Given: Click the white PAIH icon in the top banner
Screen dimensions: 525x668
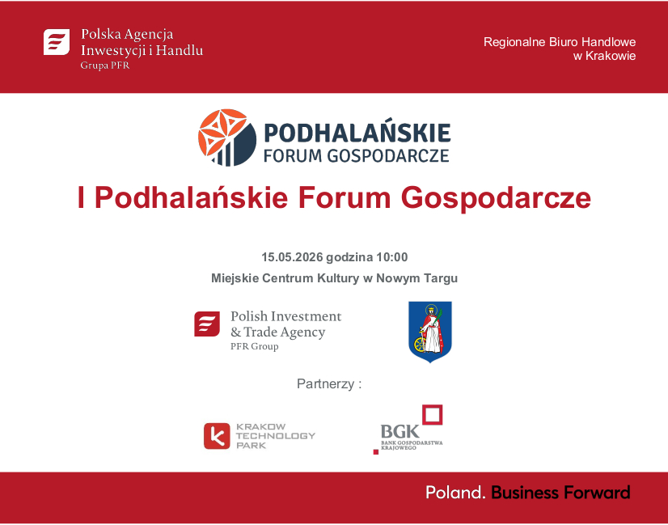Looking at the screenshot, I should [57, 41].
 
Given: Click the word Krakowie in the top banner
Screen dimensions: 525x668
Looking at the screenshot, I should [612, 56].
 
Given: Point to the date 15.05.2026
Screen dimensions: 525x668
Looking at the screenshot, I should [292, 257].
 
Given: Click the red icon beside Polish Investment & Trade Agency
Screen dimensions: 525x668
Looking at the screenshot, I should [207, 324].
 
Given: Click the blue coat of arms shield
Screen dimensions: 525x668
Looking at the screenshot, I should [430, 332].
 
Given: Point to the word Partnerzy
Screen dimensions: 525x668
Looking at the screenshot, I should [325, 383].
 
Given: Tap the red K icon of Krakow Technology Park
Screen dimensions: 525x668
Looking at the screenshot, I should [217, 436].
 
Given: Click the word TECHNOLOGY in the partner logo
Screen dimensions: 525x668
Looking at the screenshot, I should [275, 436].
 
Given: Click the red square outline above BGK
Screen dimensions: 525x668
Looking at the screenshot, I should [433, 414].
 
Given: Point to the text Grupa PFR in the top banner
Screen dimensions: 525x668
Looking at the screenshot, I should [104, 66].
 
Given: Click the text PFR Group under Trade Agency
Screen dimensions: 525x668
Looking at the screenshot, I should [254, 346].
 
